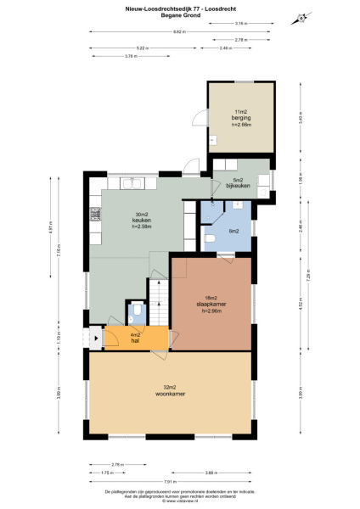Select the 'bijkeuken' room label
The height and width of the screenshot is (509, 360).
(240, 186)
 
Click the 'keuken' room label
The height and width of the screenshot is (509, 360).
(130, 221)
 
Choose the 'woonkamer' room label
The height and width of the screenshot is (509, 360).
(170, 394)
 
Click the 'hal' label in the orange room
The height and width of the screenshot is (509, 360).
(135, 341)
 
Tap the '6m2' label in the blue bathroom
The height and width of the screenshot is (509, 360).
(233, 231)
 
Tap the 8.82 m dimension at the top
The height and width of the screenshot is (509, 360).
(177, 31)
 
